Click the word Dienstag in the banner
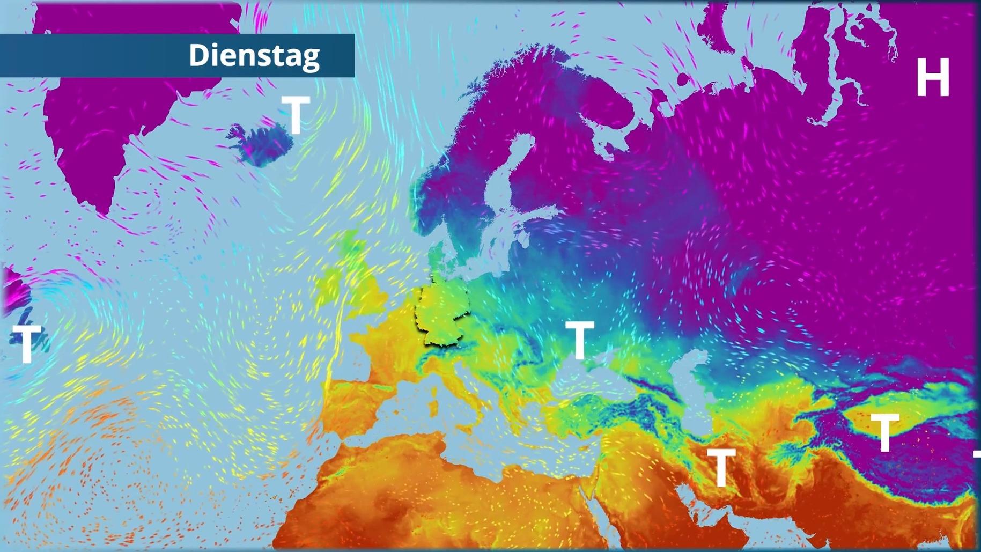[x=254, y=55]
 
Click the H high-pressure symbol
[x=933, y=78]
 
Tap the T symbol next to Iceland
[x=296, y=115]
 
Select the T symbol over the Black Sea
[x=579, y=340]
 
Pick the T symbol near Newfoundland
[x=27, y=343]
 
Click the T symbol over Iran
[x=721, y=467]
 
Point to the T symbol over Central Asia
[x=884, y=432]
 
